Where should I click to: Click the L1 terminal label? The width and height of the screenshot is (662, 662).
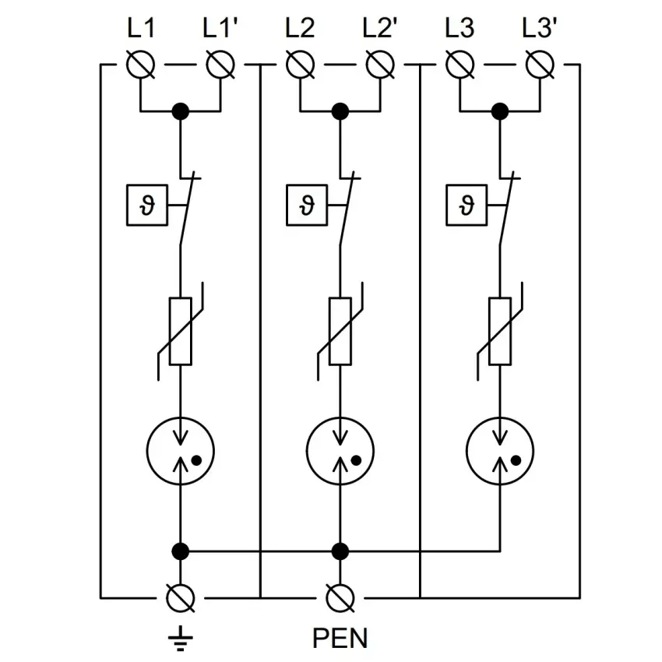[x=142, y=29]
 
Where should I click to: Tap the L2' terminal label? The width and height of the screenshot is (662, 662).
[x=381, y=29]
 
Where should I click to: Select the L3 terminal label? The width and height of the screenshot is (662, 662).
[x=460, y=29]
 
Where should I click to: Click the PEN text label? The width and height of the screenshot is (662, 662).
[x=340, y=639]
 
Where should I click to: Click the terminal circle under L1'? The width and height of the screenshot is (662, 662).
[x=220, y=65]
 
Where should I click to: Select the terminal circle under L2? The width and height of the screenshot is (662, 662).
[x=300, y=65]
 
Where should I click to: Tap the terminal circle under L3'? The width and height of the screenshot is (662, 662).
[x=539, y=65]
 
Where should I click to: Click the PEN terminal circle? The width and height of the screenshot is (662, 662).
[x=340, y=598]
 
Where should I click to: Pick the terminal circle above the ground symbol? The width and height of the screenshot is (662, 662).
[x=181, y=598]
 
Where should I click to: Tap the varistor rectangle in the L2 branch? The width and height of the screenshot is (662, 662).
[x=340, y=331]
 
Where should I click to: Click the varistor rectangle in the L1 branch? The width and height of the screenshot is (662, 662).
[x=181, y=331]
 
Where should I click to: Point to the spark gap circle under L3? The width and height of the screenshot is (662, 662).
[x=498, y=450]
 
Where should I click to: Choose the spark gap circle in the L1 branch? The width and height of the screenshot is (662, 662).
[x=181, y=450]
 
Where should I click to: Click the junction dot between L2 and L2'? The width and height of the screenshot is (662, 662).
[x=340, y=111]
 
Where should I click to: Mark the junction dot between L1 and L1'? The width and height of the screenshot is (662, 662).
[x=181, y=111]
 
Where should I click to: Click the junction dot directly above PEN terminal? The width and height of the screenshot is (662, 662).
[x=340, y=551]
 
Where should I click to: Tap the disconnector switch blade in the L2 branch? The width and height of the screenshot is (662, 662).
[x=346, y=210]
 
